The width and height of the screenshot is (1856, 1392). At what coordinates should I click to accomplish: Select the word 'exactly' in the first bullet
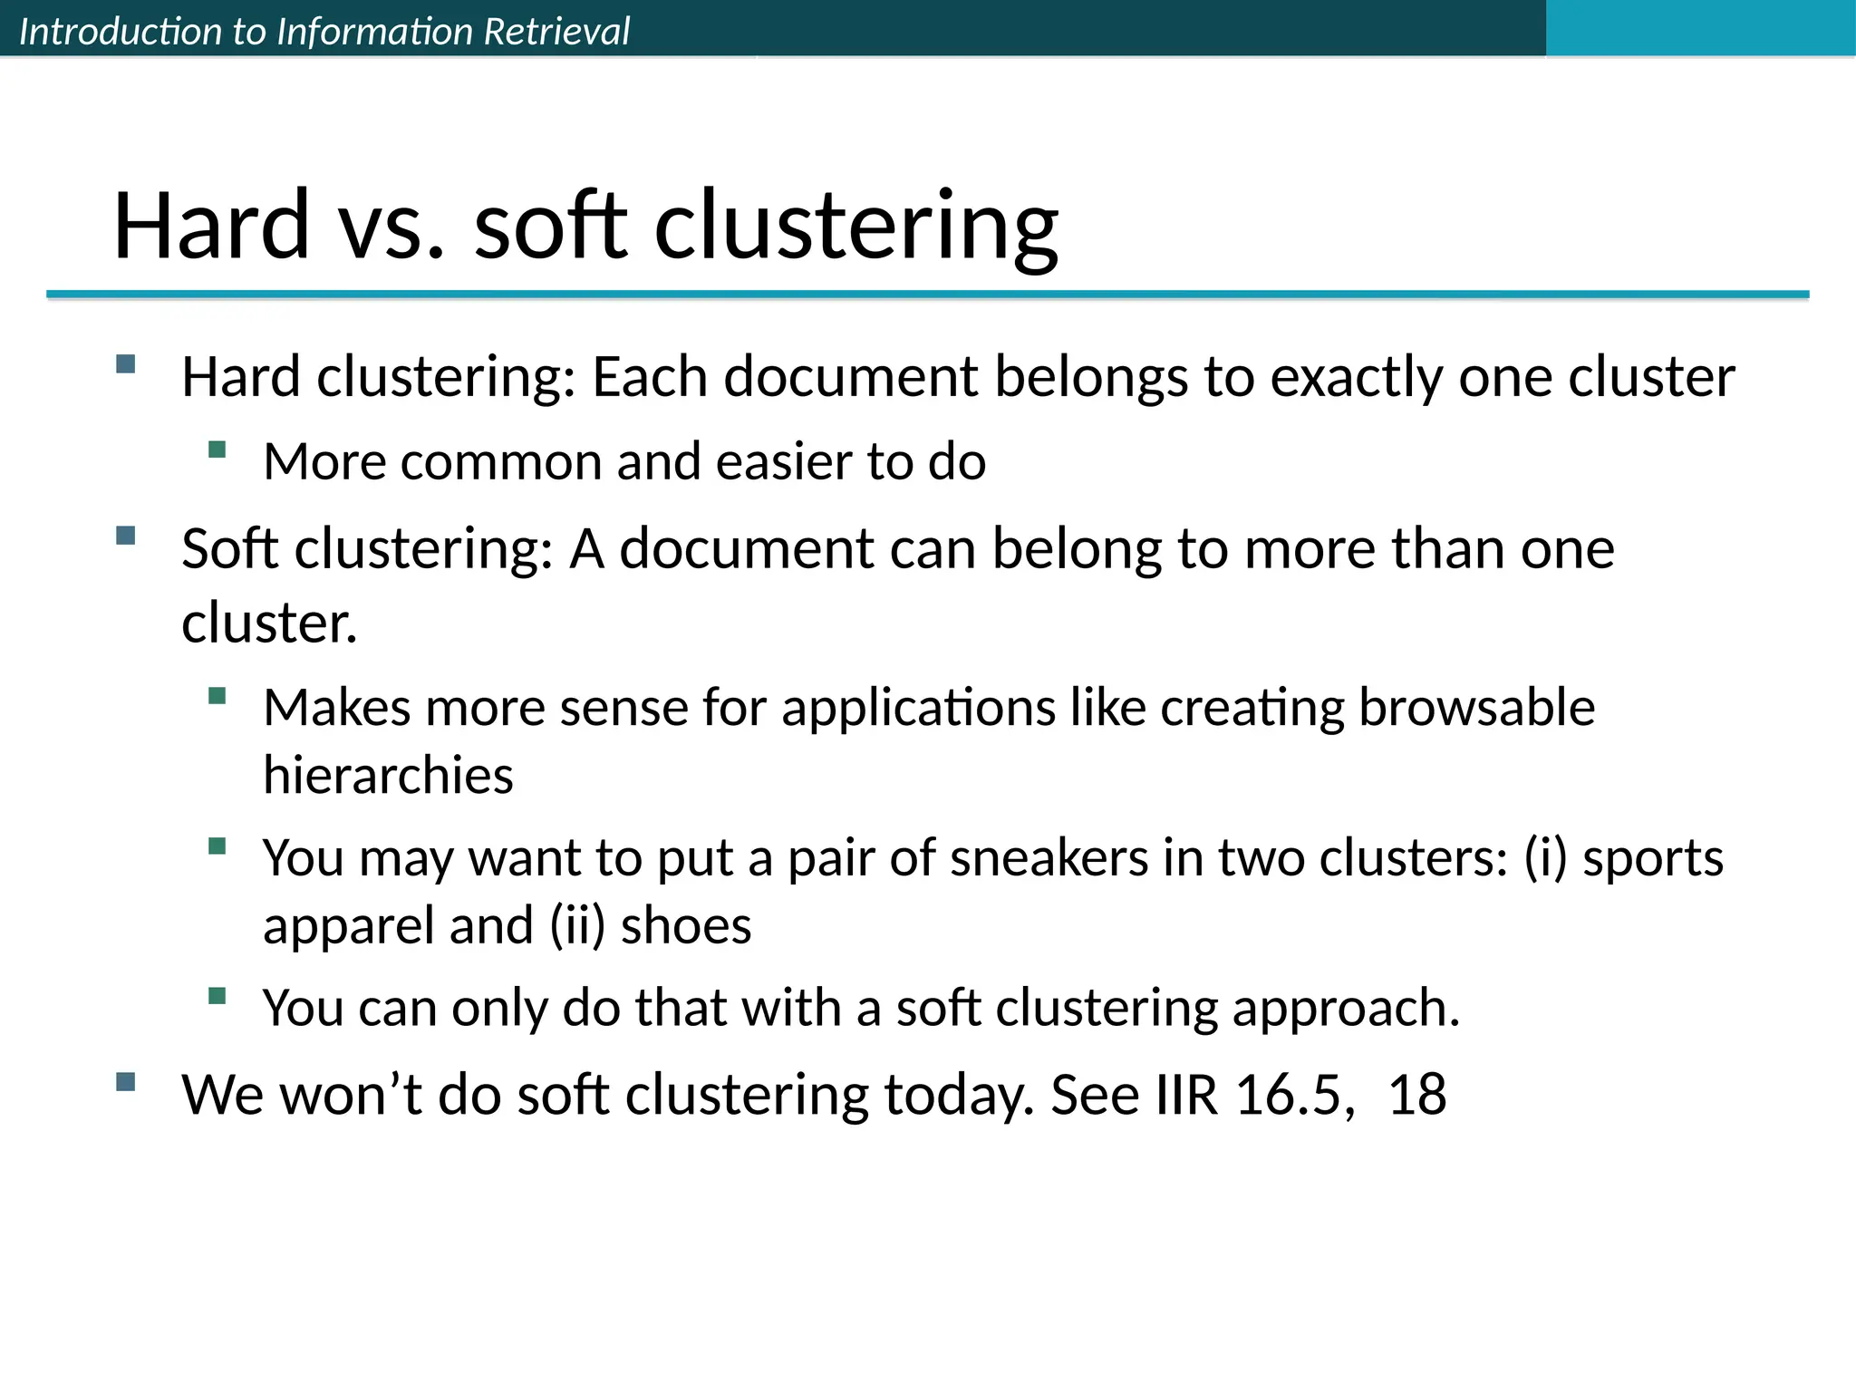tap(1355, 377)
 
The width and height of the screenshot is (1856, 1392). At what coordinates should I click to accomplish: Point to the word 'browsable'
tap(1476, 708)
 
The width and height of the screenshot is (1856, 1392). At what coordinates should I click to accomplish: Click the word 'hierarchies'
tap(388, 776)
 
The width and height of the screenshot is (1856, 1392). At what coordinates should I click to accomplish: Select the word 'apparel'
tap(347, 926)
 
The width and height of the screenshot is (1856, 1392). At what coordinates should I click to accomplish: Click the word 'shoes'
tap(686, 926)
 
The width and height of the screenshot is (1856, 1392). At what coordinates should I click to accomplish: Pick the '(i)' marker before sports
tap(1545, 857)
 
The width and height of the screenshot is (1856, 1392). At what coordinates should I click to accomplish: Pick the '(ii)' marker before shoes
tap(577, 926)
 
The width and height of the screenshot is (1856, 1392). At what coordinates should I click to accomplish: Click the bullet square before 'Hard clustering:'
tap(126, 364)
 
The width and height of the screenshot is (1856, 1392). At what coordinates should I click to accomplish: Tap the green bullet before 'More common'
tap(217, 449)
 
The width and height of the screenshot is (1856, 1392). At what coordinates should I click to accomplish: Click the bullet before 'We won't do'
tap(126, 1081)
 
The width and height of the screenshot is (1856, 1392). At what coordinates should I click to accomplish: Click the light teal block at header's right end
tap(1700, 28)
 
